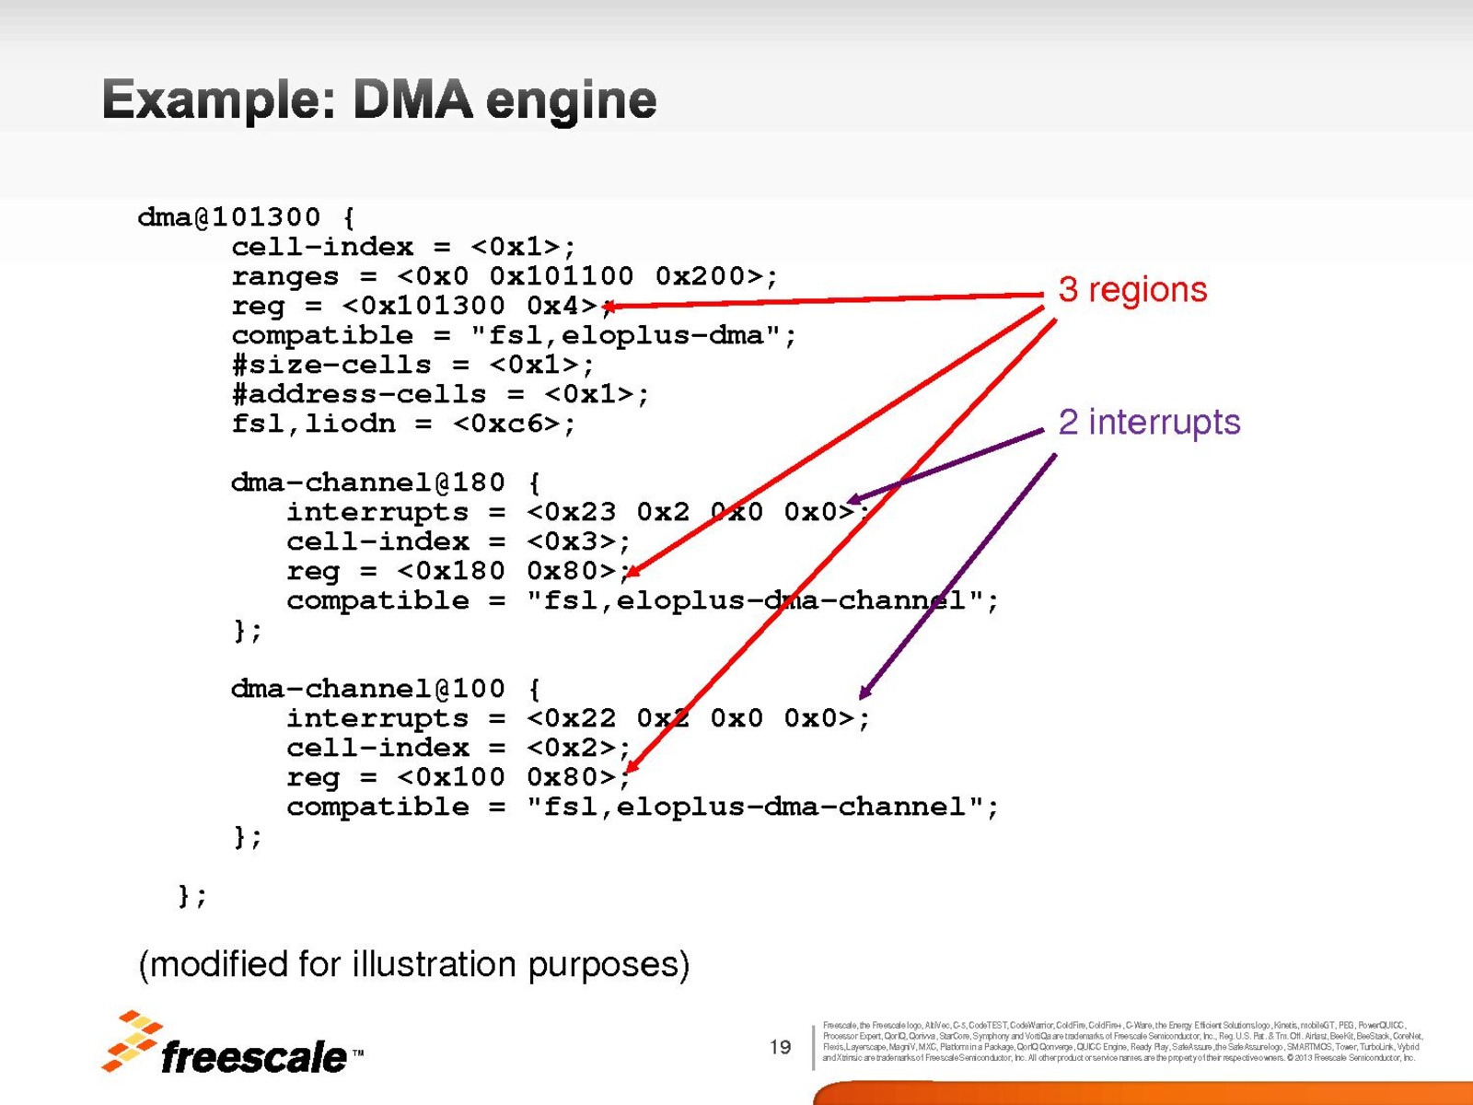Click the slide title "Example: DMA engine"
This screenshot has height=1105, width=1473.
pos(379,100)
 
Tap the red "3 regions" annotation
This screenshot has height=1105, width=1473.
pos(1132,290)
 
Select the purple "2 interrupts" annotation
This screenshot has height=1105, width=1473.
pos(1149,423)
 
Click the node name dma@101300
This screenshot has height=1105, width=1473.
pos(229,217)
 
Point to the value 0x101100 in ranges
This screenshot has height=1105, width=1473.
pos(562,276)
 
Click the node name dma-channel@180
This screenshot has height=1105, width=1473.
pos(368,483)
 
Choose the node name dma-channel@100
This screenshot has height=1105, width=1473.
pos(368,689)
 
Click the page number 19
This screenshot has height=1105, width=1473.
pos(780,1047)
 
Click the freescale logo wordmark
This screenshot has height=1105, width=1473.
pos(253,1057)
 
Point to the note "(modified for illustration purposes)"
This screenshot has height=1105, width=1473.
pos(413,965)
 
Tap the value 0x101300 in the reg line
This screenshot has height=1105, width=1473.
pos(433,306)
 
